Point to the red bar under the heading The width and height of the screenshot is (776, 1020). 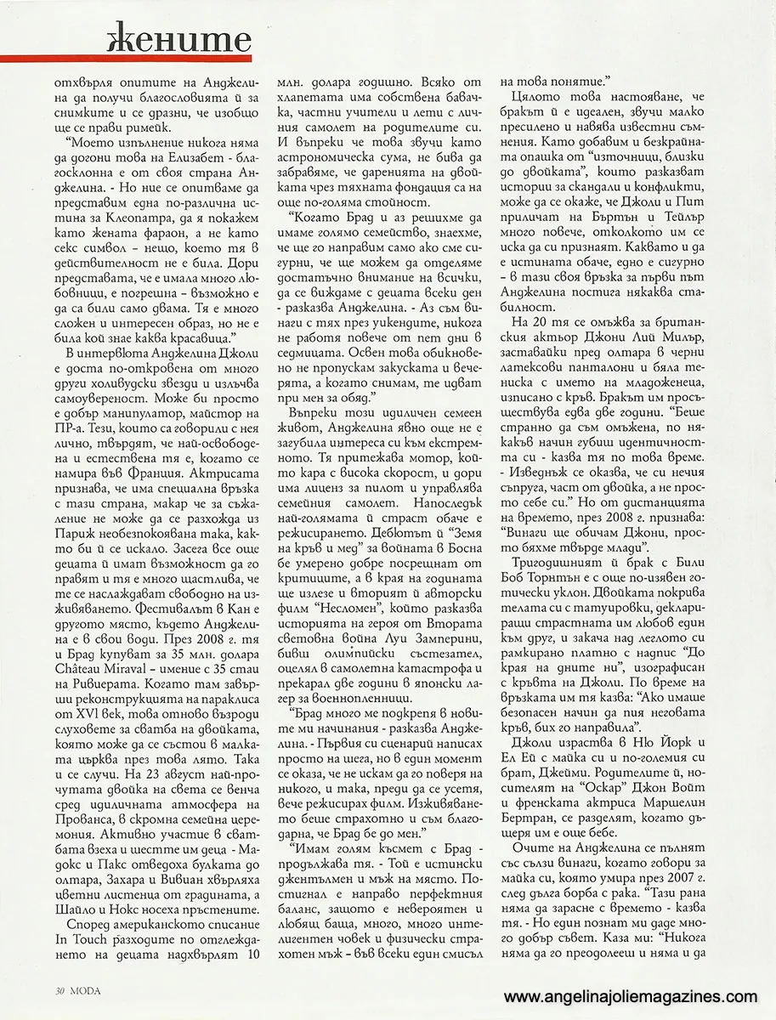127,59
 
